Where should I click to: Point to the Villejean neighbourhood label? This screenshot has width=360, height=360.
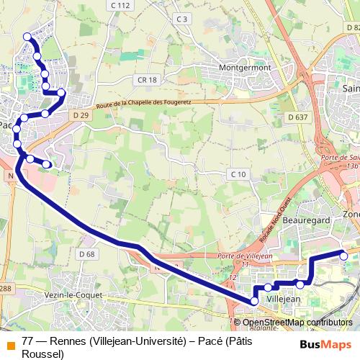pos(283,297)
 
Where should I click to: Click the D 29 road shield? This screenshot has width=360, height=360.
pos(81,114)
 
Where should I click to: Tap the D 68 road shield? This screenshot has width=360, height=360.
pos(86,254)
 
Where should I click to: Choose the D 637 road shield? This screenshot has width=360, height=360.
pos(297,117)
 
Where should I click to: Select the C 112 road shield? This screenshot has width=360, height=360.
pos(121,6)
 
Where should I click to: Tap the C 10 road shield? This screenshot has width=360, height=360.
pos(238,174)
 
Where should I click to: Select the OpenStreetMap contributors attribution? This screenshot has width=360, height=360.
pos(297,323)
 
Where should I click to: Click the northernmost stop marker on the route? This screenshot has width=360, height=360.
pos(27,37)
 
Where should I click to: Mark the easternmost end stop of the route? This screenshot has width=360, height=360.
pos(343,256)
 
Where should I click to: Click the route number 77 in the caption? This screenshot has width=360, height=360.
pos(28,341)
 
